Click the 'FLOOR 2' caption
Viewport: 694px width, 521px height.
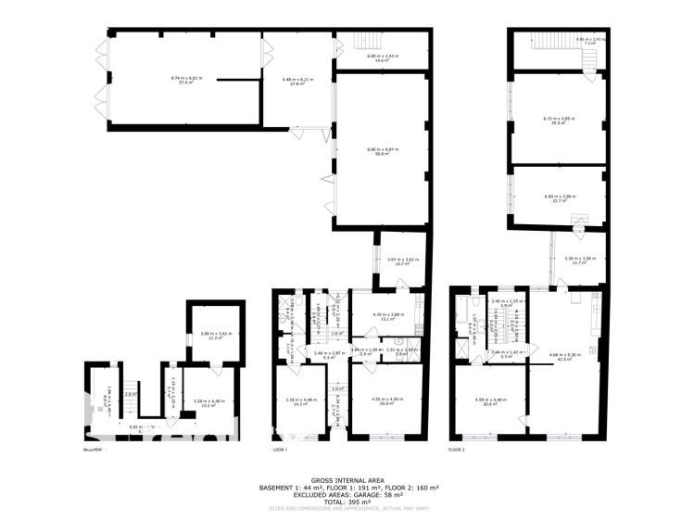click(x=455, y=450)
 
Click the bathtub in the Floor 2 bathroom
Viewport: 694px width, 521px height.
click(x=461, y=321)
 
